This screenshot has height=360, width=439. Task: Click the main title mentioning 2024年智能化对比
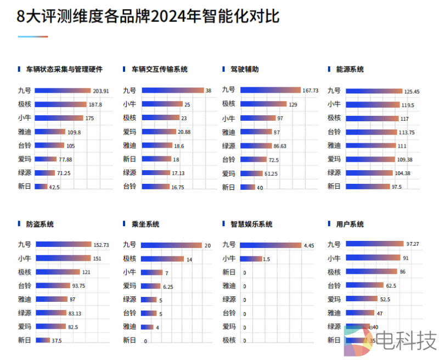point(148,17)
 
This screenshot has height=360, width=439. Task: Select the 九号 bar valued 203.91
point(62,91)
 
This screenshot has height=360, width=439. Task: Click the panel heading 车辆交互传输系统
point(159,70)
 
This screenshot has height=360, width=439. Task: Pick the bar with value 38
point(172,91)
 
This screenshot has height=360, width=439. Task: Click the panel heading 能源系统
point(350,70)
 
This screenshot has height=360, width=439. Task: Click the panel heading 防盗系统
point(40,224)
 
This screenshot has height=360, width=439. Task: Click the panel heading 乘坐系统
point(145,224)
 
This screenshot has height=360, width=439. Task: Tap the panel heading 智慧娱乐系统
point(251,224)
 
